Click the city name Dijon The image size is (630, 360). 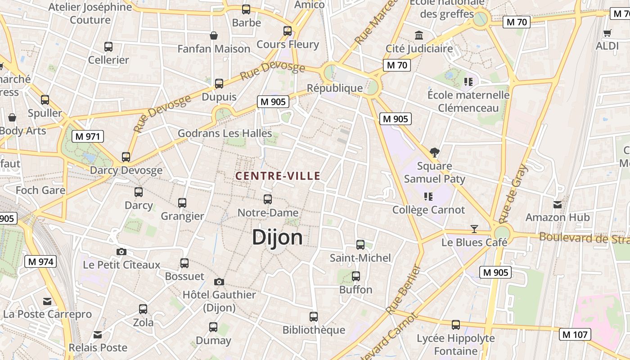point(277,237)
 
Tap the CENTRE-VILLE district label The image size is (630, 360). point(278,176)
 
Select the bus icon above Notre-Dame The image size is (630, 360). point(268,199)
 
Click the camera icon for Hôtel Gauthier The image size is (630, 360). point(219,282)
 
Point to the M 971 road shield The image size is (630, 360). point(88,136)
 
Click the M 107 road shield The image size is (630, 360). point(575,334)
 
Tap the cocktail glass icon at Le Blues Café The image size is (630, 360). point(474,229)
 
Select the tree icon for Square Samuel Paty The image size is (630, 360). point(434,153)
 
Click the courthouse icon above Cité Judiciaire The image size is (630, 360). point(419,35)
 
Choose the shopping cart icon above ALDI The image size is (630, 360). point(607,32)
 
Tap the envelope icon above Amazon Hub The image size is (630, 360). point(558,204)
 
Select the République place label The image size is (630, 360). point(334,88)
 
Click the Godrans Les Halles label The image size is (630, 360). point(225,133)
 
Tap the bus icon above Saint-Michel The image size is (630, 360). point(360,244)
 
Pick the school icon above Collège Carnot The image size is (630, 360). point(428,196)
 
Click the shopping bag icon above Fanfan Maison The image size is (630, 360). point(214,35)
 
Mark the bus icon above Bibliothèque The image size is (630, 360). point(314,316)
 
